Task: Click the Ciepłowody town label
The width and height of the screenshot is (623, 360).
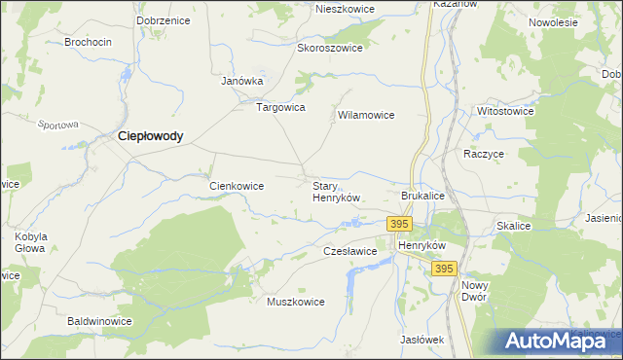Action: click(x=150, y=137)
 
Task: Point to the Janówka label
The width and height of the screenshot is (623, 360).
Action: click(x=242, y=81)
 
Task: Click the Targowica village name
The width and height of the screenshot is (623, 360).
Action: click(x=280, y=107)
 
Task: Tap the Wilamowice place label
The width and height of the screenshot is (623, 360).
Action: click(x=365, y=115)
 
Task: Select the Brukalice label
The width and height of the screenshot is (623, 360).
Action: click(x=422, y=196)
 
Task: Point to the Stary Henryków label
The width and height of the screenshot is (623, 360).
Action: click(x=336, y=191)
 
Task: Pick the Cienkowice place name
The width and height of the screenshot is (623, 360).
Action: click(x=238, y=185)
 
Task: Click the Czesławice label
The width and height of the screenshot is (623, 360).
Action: click(x=349, y=251)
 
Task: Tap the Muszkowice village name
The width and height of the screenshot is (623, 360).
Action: click(x=295, y=302)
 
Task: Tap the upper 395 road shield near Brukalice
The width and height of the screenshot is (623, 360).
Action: click(x=398, y=224)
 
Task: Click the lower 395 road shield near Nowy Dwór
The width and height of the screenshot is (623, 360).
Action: click(x=444, y=269)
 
